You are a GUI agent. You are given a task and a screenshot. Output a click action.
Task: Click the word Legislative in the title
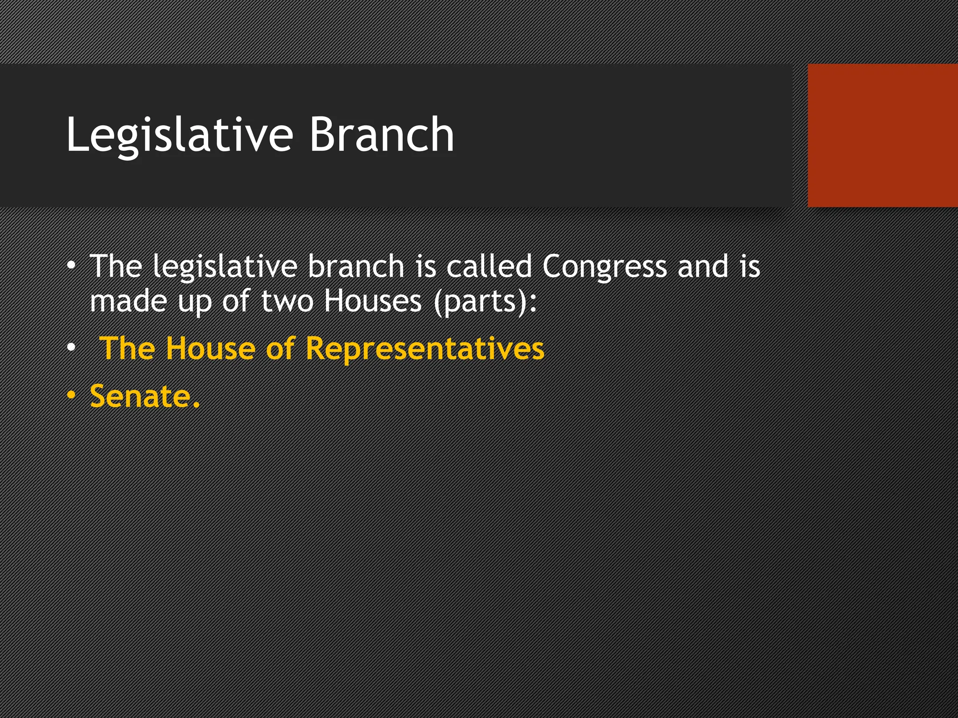(x=180, y=135)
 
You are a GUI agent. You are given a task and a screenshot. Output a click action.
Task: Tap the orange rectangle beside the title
(x=882, y=136)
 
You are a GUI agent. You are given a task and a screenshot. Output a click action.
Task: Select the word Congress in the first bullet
(x=604, y=267)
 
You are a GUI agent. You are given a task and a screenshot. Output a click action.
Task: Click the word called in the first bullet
(x=488, y=266)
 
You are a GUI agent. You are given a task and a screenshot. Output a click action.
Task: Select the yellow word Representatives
(x=425, y=349)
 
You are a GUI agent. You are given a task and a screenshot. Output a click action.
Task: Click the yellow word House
(x=210, y=348)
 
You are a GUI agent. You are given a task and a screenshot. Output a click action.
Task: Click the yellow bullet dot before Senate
(x=71, y=395)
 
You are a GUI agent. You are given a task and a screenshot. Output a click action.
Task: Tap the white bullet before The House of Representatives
(x=71, y=348)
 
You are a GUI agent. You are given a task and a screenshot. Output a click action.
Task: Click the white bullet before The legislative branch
(x=71, y=266)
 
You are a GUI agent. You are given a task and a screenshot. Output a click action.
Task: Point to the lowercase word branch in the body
(x=356, y=266)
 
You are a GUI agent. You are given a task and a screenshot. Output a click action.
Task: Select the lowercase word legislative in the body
(x=225, y=267)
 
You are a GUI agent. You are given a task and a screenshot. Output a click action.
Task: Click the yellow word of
(x=280, y=348)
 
